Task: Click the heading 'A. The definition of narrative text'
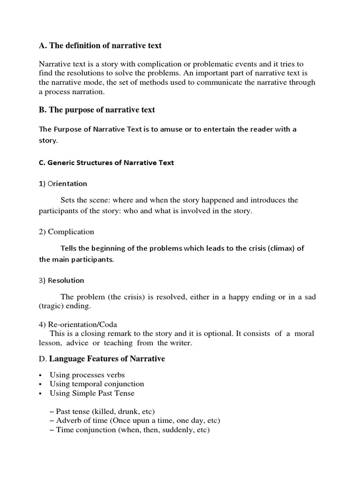100,45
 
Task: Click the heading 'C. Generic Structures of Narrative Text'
106,163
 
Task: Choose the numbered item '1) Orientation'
63,183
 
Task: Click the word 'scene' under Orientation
100,200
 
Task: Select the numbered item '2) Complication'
66,232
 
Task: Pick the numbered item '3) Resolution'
61,280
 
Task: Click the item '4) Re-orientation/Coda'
78,324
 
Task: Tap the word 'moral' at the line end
306,333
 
